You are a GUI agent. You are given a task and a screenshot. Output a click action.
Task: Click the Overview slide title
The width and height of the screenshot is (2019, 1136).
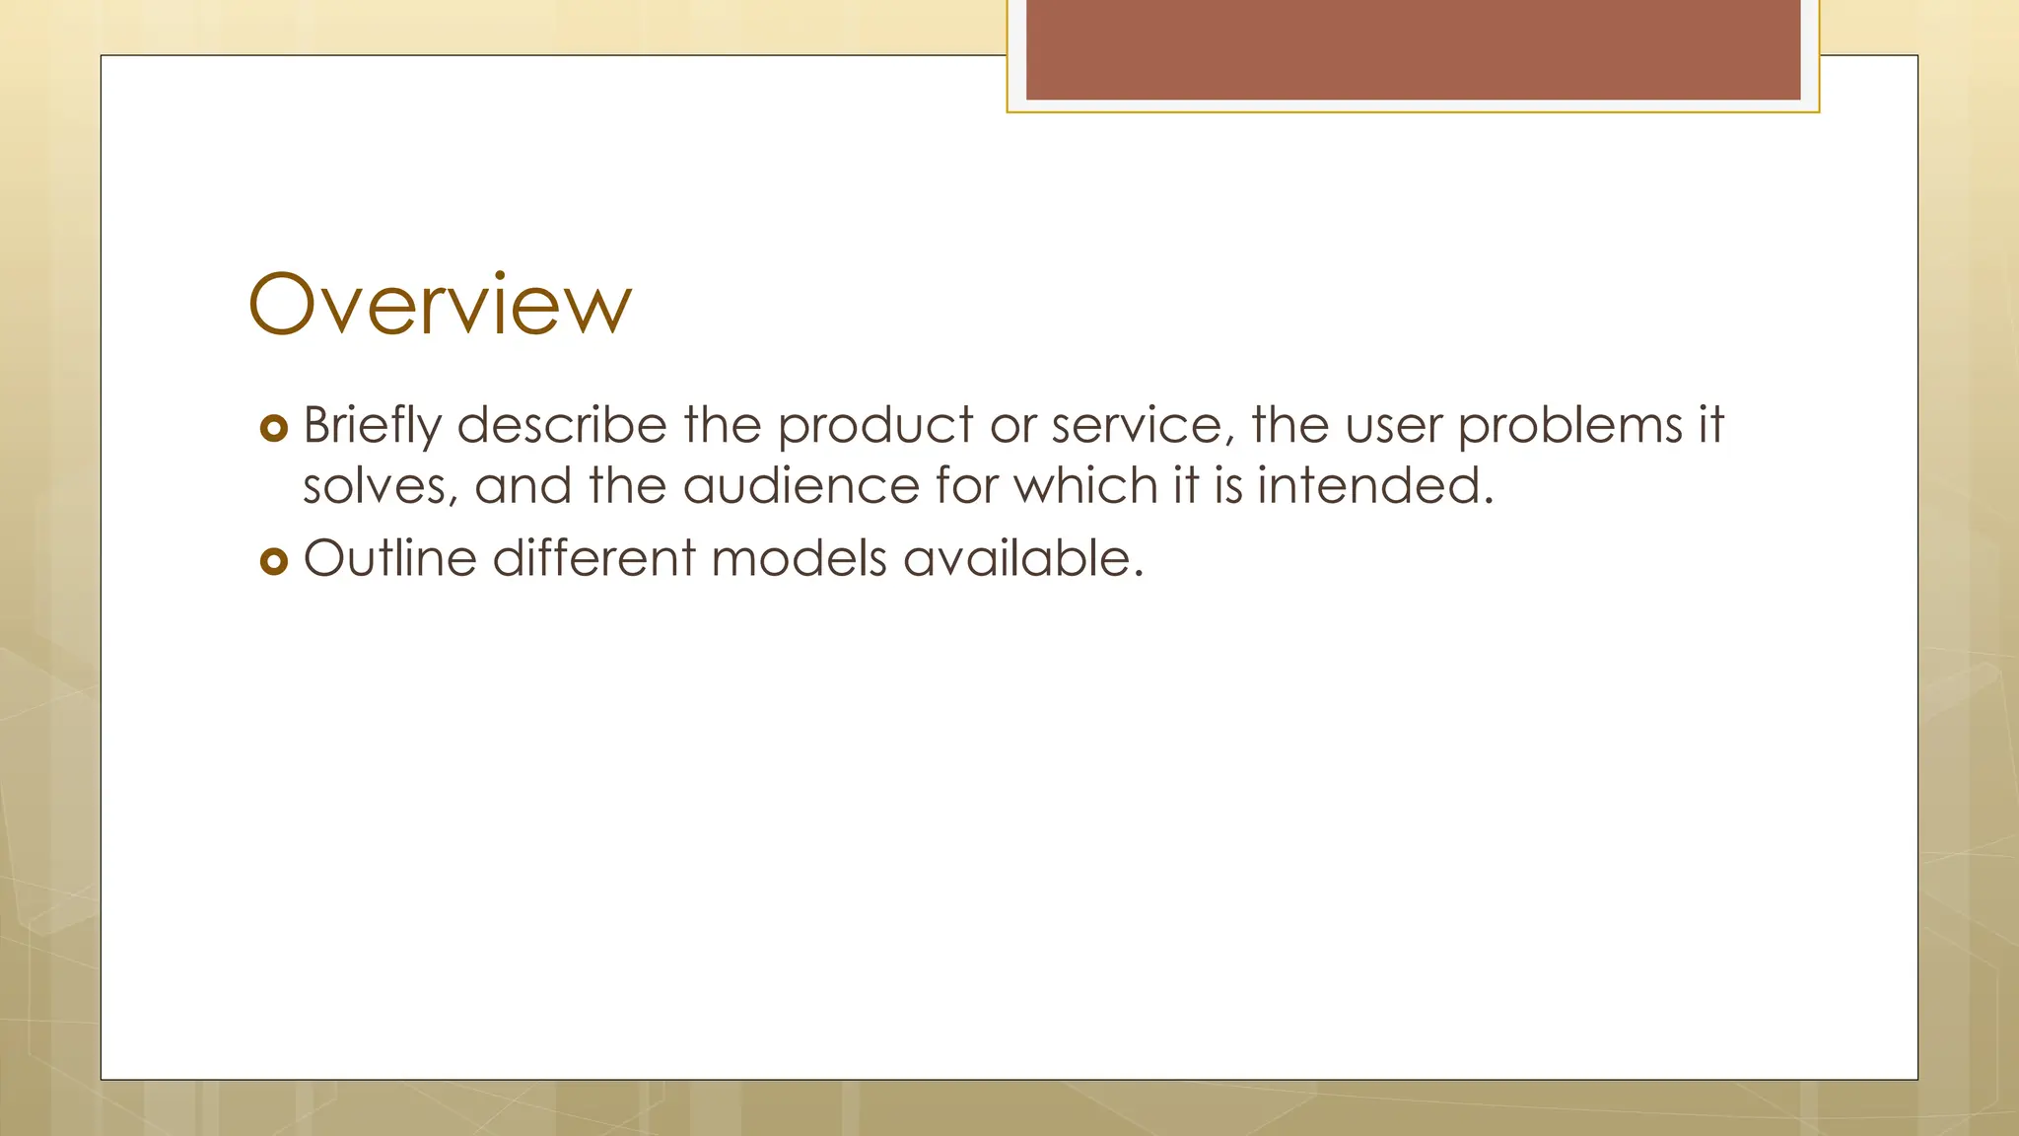click(x=440, y=304)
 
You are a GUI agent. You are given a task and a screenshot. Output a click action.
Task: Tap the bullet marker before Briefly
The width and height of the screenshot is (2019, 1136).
click(x=273, y=428)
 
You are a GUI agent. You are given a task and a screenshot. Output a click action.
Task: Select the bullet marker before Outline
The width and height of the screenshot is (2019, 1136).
click(x=273, y=561)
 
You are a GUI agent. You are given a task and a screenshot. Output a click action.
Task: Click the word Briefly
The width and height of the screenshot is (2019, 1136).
click(x=373, y=426)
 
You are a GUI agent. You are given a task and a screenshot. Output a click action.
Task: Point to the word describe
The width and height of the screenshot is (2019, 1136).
click(x=562, y=426)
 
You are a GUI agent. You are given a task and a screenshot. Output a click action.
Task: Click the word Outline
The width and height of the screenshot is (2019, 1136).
click(x=390, y=558)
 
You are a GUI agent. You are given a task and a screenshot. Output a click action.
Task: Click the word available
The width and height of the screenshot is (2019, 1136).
click(x=1022, y=558)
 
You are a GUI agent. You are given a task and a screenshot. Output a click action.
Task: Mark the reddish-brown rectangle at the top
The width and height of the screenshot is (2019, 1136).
click(x=1413, y=49)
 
